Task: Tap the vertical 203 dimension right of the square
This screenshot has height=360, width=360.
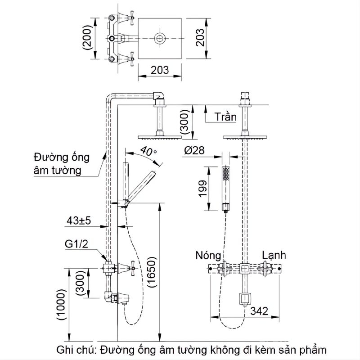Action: (201, 39)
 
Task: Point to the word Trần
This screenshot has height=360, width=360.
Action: (225, 117)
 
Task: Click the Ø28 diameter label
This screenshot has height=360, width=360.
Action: (194, 151)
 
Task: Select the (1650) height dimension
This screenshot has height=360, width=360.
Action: (152, 274)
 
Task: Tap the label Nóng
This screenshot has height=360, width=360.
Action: (208, 255)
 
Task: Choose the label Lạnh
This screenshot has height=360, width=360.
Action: (274, 255)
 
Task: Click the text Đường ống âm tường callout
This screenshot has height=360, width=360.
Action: (61, 164)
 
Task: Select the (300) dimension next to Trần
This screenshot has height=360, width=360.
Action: (184, 120)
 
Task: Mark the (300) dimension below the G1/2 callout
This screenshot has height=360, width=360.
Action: (80, 282)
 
